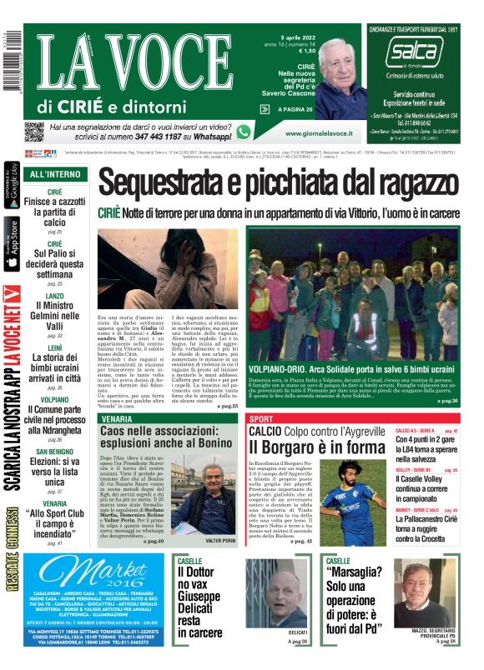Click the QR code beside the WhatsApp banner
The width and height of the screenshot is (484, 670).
pyautogui.click(x=33, y=132)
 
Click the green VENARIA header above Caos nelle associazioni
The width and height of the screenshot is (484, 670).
pyautogui.click(x=117, y=417)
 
